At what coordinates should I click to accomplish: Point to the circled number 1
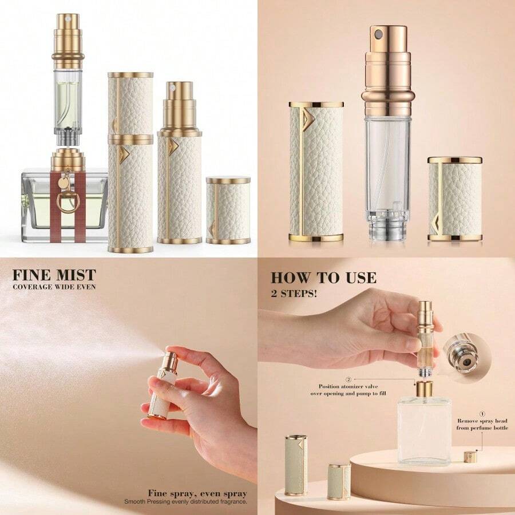tap(482, 413)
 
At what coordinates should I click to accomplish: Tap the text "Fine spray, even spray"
tap(197, 493)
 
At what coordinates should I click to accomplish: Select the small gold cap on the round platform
tap(471, 457)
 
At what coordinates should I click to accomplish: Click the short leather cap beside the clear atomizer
tap(454, 199)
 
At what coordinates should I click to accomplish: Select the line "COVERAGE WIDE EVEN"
tap(54, 287)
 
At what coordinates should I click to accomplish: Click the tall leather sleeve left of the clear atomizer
tap(316, 172)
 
